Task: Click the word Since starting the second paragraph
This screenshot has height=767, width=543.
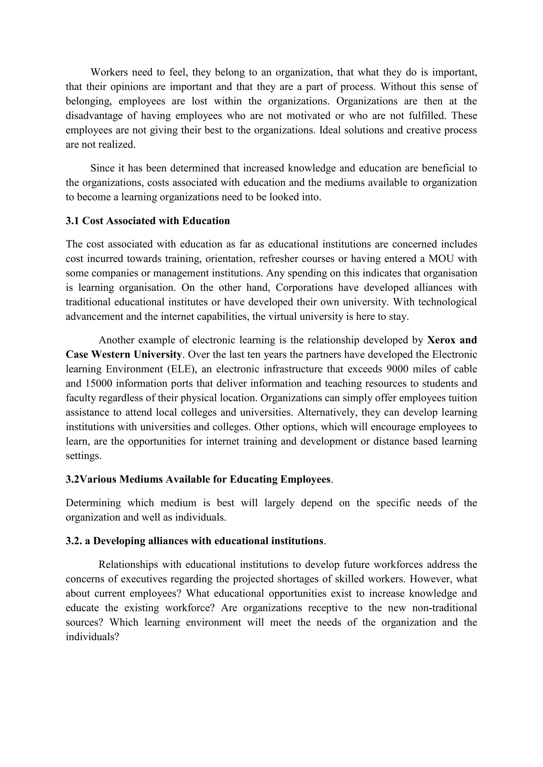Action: coord(102,168)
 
